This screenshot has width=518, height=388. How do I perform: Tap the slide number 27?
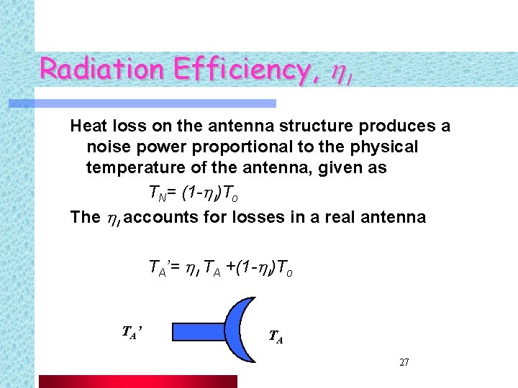click(x=404, y=362)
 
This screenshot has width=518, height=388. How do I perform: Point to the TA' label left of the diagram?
click(x=133, y=331)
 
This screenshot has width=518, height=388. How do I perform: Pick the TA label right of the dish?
click(x=276, y=336)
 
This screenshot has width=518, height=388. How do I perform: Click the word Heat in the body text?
click(x=88, y=126)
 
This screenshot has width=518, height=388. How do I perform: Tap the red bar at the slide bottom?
click(x=137, y=381)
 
